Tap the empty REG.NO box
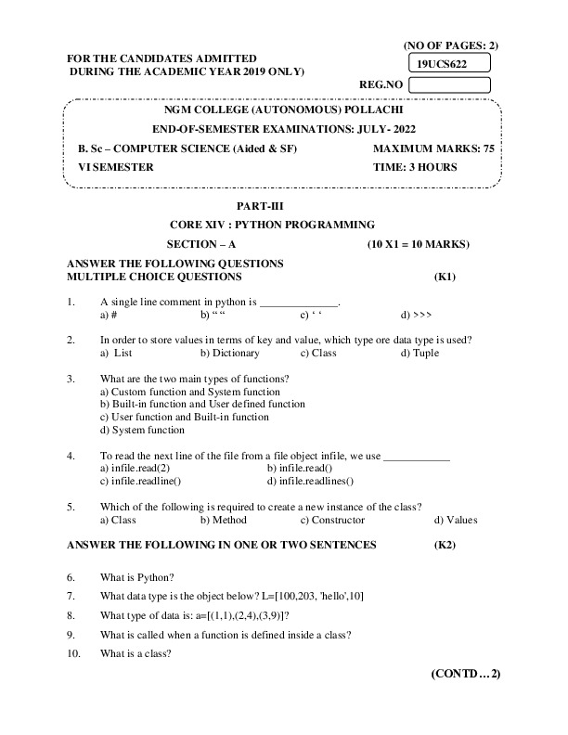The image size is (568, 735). pos(448,85)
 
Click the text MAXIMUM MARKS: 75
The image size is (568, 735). pos(429,148)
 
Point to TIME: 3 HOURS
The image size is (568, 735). pos(415,167)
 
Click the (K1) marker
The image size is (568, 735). pos(445,277)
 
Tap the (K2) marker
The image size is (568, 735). pos(445,545)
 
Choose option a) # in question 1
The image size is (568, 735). pos(108,315)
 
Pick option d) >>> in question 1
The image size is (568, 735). pos(416,315)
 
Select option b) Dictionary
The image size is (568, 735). pos(230,353)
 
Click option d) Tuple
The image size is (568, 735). pos(420,353)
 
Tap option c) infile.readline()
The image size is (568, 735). pos(140,481)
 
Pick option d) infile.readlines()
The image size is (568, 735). pos(310,481)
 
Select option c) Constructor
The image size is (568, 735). pos(331,520)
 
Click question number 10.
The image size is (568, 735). pos(73,652)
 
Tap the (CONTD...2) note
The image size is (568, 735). pos(466,673)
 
